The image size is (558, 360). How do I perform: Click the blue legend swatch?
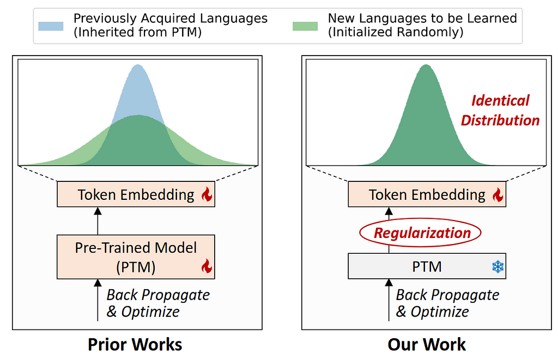point(51,26)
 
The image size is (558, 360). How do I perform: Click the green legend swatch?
point(305,26)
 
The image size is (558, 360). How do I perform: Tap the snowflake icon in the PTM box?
point(498,266)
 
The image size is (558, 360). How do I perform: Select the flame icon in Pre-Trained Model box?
point(207,266)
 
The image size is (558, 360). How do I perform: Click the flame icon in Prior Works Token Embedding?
point(207,194)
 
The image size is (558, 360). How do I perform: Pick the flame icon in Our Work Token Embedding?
point(498,194)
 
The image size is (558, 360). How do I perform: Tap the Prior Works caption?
point(135,344)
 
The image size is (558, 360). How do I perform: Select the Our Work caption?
point(427,344)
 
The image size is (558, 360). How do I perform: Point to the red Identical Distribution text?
point(500,111)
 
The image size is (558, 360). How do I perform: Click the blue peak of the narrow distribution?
point(138,65)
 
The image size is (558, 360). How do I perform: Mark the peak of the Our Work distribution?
point(426,65)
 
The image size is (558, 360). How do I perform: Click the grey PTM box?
point(427,266)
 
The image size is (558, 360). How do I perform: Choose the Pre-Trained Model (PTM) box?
point(136,257)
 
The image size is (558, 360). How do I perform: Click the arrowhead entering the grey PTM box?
point(389,283)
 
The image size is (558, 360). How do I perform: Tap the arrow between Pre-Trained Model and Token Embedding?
point(98,221)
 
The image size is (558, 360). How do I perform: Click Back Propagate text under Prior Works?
point(159,295)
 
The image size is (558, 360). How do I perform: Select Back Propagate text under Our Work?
point(448,295)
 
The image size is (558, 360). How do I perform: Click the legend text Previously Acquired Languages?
point(171,18)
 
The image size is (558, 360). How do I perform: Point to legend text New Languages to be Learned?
point(422,18)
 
